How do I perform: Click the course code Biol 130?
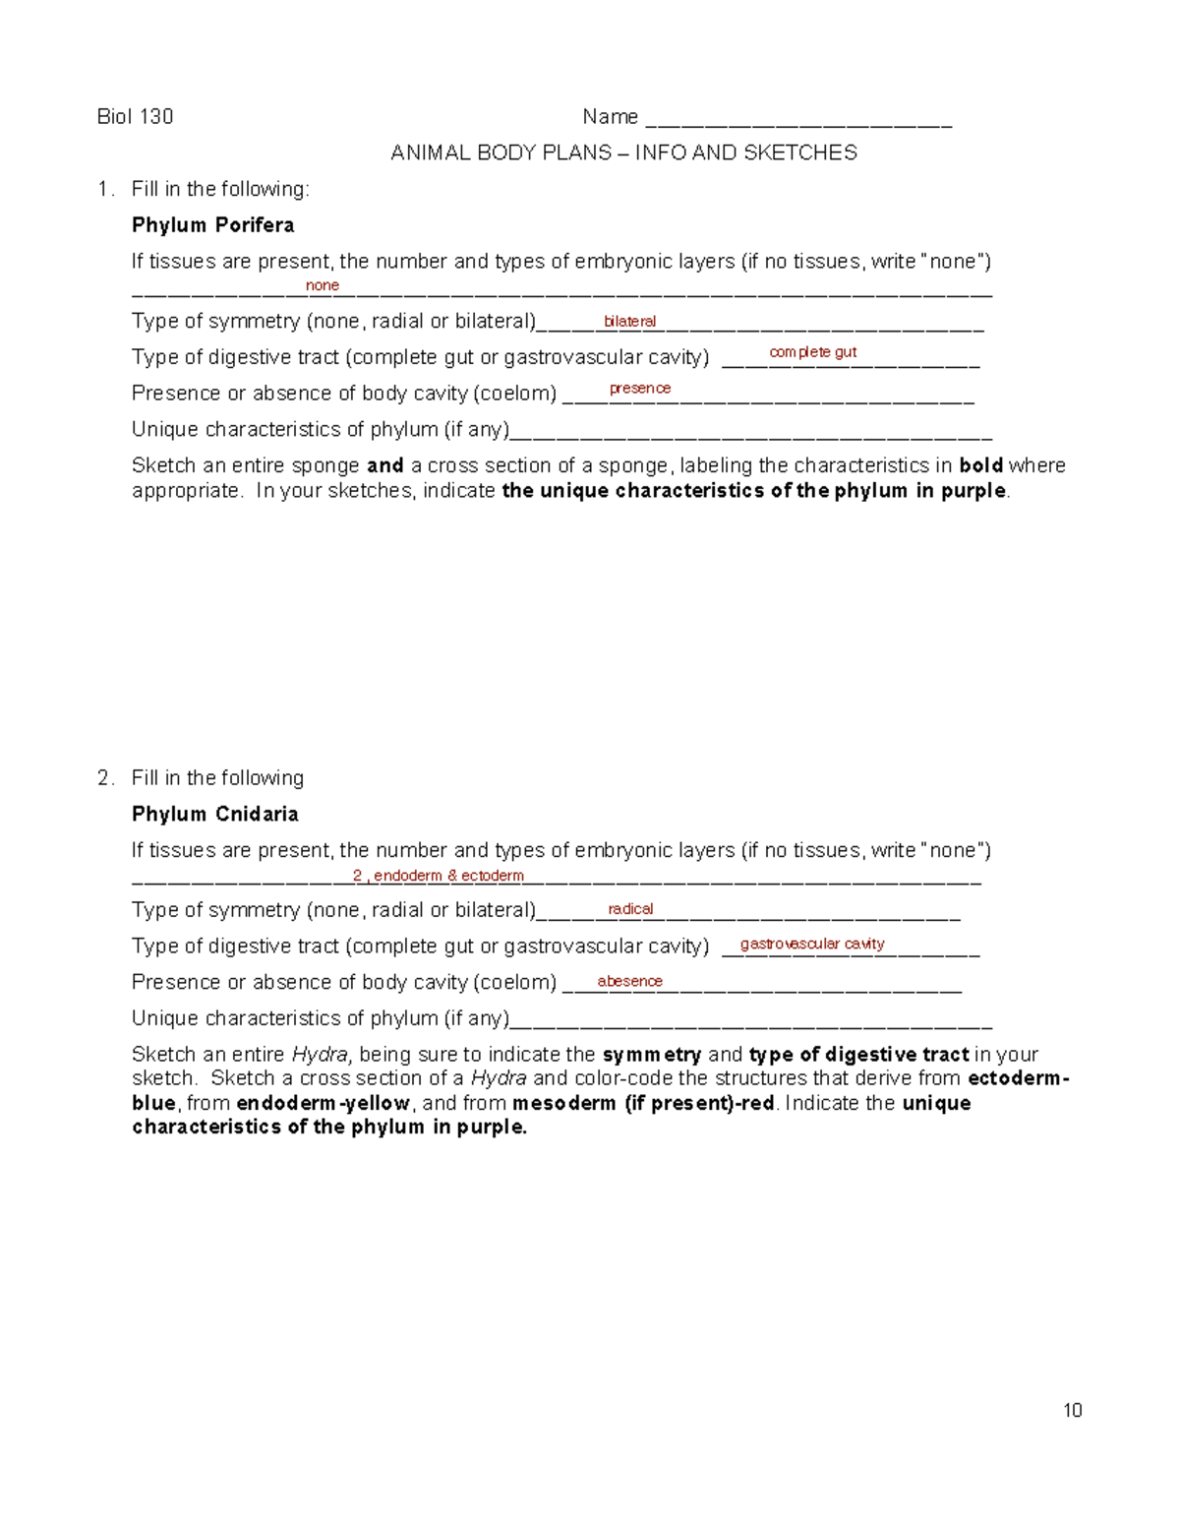(135, 117)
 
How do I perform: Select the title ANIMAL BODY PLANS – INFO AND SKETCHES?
(623, 153)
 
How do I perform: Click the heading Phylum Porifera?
(213, 225)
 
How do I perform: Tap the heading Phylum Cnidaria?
(215, 814)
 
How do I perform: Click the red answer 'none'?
(323, 285)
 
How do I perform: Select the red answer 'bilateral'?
(629, 321)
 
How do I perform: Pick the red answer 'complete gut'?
(812, 352)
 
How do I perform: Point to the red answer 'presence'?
(640, 389)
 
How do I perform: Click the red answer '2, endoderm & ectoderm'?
(439, 876)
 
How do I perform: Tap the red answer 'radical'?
(630, 909)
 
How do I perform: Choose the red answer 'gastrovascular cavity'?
(812, 944)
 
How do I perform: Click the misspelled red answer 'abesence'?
(629, 981)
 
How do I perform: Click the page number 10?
(1072, 1410)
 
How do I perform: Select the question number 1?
(104, 189)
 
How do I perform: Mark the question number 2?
(104, 778)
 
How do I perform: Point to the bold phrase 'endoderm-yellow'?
(323, 1103)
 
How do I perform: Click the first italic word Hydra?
(320, 1055)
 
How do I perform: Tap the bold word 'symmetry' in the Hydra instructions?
(651, 1055)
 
